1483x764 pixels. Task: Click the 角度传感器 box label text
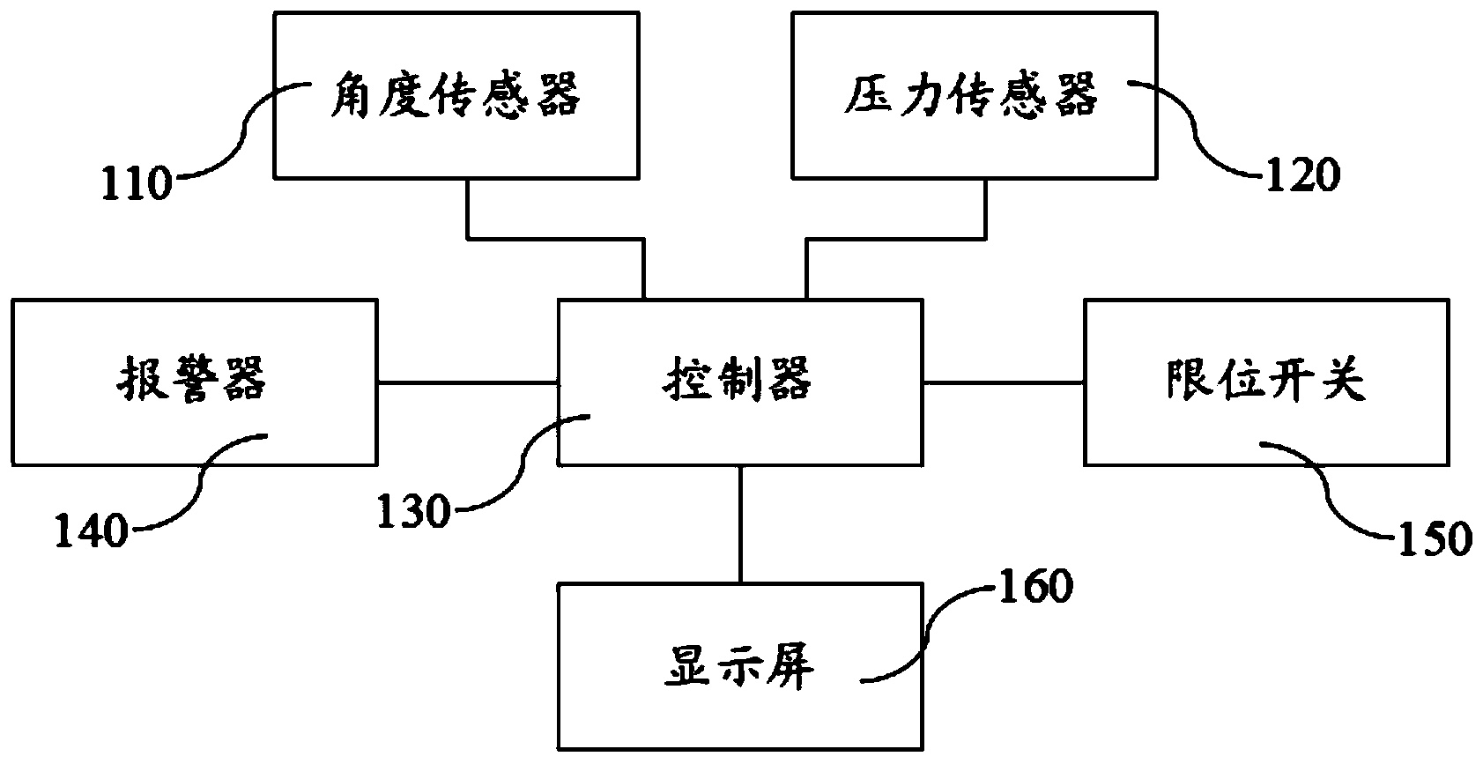coord(456,95)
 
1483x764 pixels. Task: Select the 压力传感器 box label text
coord(971,95)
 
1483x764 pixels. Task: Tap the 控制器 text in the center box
coord(738,379)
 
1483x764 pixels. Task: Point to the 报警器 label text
coord(191,379)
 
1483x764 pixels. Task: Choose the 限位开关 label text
coord(1266,379)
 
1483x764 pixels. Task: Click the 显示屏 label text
coord(738,665)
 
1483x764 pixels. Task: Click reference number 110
coord(137,183)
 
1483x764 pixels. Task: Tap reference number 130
coord(414,512)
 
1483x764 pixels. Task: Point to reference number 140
coord(91,531)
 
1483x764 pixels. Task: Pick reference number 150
coord(1435,539)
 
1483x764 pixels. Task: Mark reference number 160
coord(1035,587)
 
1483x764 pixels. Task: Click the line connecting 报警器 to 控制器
coord(467,382)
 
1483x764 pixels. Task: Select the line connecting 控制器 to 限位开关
coord(1004,382)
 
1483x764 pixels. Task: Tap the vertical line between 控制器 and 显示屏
coord(740,524)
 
